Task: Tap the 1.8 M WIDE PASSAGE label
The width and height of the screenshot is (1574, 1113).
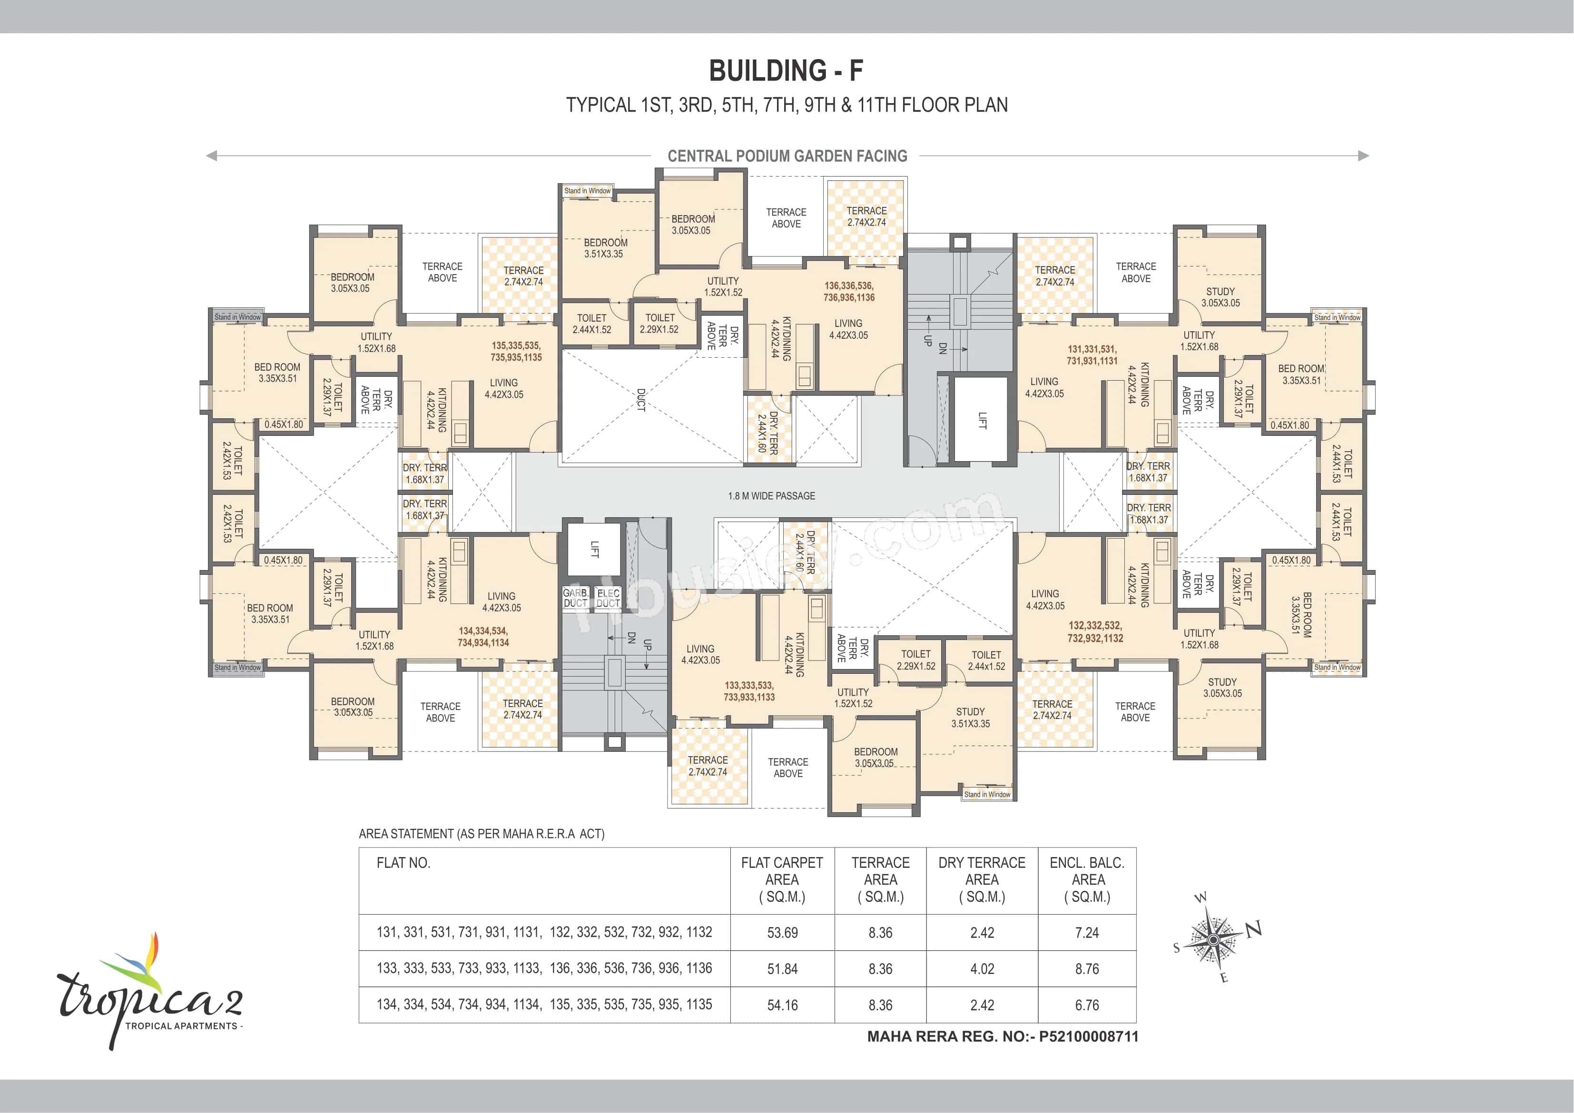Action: pos(771,496)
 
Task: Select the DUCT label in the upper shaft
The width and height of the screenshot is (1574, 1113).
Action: pos(641,400)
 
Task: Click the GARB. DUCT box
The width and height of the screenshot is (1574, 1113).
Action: pos(575,598)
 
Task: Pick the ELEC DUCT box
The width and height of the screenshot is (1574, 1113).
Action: pos(608,598)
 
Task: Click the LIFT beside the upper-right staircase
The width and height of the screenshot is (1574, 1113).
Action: pos(982,420)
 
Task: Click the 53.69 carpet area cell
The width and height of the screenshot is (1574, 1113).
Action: pos(782,933)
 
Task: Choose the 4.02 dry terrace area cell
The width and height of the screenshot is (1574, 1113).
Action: pos(982,969)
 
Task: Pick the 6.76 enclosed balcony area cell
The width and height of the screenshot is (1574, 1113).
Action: pos(1087,1005)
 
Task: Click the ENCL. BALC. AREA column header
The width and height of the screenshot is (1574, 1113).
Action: pos(1087,880)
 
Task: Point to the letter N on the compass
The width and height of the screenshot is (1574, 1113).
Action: pos(1253,930)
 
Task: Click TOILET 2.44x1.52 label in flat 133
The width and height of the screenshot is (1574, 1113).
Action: pos(986,660)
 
